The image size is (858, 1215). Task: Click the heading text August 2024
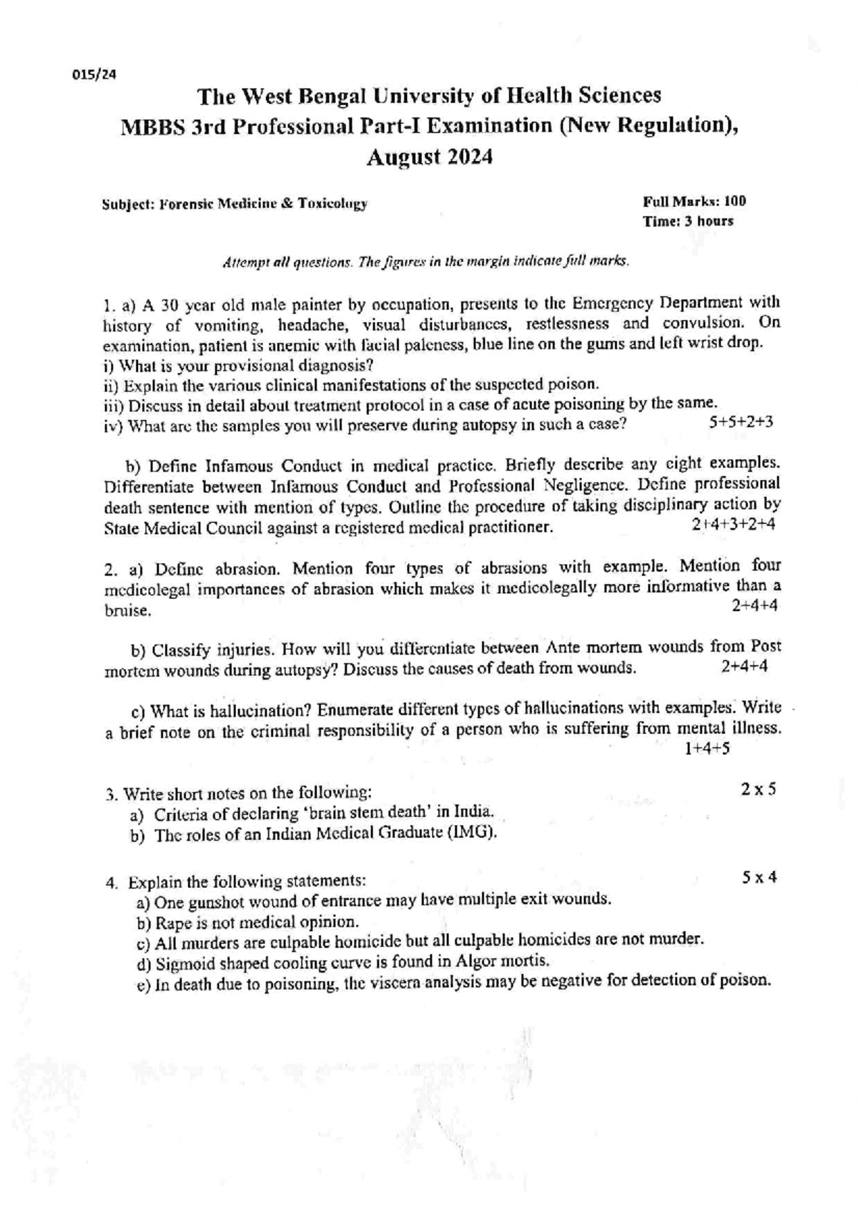(x=429, y=157)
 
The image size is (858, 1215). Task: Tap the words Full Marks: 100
(x=694, y=201)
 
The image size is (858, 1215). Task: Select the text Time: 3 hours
(x=688, y=221)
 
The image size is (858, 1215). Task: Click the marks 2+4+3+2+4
(x=734, y=524)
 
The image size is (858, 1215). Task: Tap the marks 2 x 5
(x=759, y=789)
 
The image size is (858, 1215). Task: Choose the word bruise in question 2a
(x=127, y=611)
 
